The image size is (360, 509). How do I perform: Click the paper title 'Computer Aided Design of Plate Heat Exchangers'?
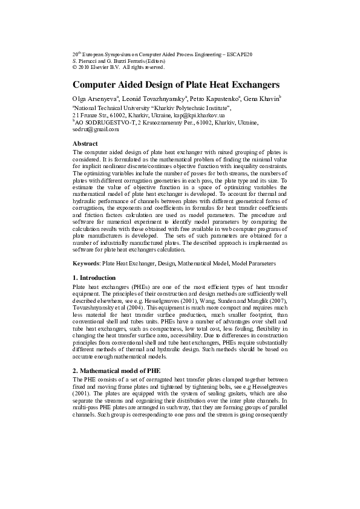(x=175, y=85)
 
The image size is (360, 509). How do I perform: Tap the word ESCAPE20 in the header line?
(x=239, y=55)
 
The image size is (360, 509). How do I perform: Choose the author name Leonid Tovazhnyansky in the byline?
(x=157, y=99)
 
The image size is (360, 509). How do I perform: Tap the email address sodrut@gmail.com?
(x=96, y=129)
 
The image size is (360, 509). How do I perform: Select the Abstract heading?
(x=85, y=144)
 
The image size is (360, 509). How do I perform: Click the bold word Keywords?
(x=85, y=264)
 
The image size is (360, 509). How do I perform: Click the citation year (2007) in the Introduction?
(x=277, y=301)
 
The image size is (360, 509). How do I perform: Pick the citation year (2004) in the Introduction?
(x=137, y=308)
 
